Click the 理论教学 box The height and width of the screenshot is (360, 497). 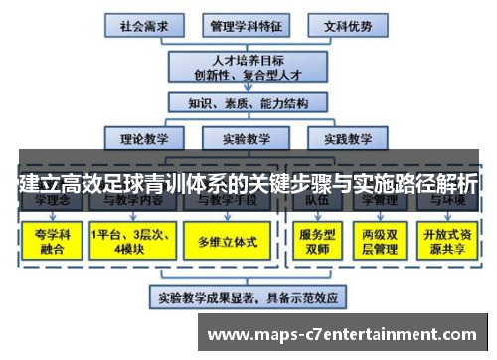pos(145,138)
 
